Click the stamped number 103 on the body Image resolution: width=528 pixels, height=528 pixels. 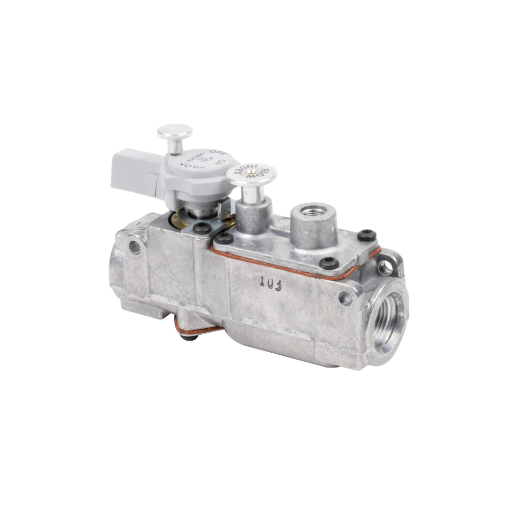click(x=271, y=284)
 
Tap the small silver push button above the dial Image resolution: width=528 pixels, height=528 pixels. click(x=175, y=131)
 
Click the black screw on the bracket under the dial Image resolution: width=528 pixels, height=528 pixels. click(x=202, y=228)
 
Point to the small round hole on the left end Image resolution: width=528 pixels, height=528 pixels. click(x=135, y=247)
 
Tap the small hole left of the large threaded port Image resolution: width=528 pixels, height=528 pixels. click(x=345, y=299)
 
